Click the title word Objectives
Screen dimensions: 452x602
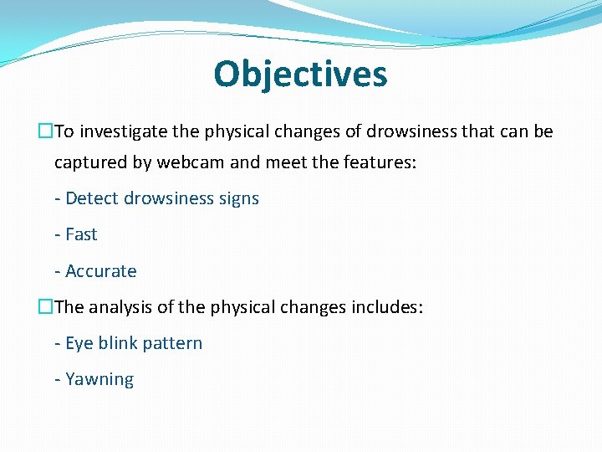coord(300,74)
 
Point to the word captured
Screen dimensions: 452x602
coord(91,162)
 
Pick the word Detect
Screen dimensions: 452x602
coord(92,198)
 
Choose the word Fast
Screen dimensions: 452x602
coord(81,234)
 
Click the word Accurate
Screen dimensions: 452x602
coord(100,271)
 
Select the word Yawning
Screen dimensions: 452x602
coord(99,380)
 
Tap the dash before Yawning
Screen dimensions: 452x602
coord(57,380)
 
